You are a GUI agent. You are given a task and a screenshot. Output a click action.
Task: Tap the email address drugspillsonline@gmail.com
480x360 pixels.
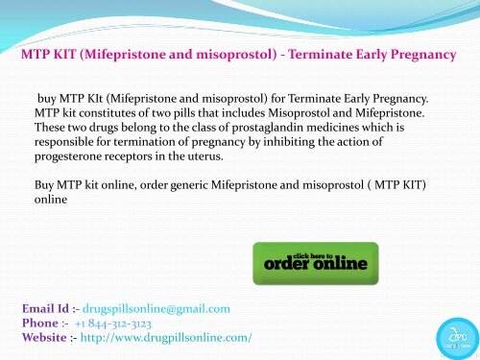pyautogui.click(x=156, y=309)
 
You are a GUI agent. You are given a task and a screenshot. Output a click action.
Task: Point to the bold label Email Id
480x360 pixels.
pyautogui.click(x=54, y=309)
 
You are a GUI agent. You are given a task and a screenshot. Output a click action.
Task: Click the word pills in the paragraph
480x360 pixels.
pyautogui.click(x=217, y=112)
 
